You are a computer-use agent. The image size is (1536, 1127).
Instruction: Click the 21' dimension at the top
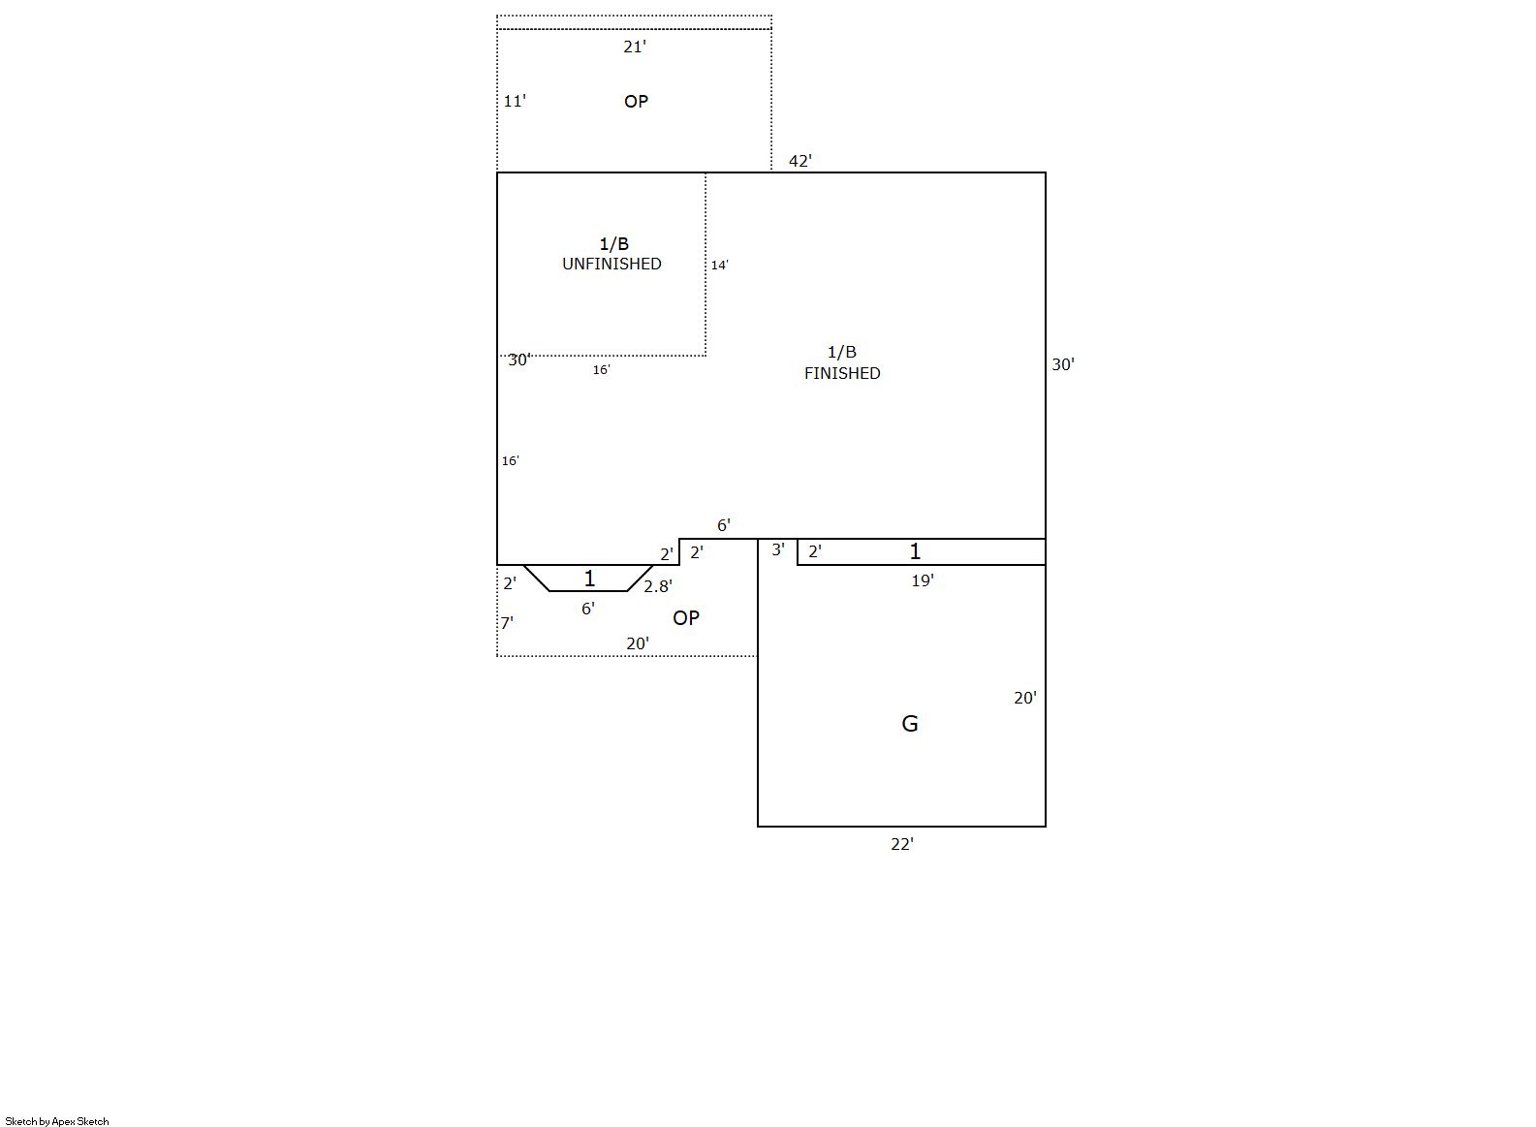point(635,47)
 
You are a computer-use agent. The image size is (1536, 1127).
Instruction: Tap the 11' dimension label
point(515,101)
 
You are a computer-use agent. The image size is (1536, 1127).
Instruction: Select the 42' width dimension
point(800,161)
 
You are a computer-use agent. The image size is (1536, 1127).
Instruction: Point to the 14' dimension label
point(719,265)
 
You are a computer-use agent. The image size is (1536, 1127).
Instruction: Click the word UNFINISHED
point(611,264)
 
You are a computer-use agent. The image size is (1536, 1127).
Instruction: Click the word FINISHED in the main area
point(842,373)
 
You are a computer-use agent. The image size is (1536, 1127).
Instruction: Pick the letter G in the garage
point(909,723)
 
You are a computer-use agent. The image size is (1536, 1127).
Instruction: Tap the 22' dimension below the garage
point(901,844)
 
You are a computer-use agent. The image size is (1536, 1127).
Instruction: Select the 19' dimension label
point(923,580)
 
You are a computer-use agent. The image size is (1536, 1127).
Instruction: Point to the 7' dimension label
point(507,622)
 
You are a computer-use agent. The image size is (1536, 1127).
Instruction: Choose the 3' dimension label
point(777,549)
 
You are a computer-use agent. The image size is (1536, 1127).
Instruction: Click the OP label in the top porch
point(636,102)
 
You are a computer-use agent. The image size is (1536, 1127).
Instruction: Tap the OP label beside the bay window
point(686,617)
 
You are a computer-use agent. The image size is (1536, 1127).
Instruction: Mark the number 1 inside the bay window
point(589,579)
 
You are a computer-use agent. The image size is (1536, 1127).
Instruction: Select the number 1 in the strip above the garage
point(915,550)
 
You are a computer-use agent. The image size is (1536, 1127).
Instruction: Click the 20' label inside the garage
point(1025,698)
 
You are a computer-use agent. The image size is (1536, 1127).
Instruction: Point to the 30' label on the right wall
point(1063,364)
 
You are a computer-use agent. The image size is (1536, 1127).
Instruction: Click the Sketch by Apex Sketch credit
point(57,1121)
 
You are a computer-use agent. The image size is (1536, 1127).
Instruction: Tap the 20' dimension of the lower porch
point(637,643)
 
